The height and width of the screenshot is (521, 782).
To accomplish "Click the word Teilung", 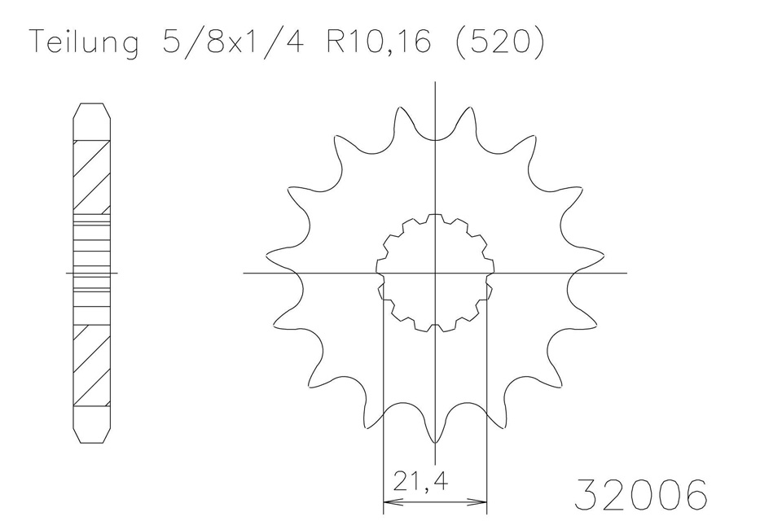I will point(83,42).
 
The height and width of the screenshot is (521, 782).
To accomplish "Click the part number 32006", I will point(641,493).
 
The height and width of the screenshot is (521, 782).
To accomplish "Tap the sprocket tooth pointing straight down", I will point(436,436).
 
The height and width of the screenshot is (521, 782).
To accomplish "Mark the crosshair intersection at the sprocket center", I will point(436,273).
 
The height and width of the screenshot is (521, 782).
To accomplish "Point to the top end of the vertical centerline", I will point(436,81).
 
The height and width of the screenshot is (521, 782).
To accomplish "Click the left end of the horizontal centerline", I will point(244,273).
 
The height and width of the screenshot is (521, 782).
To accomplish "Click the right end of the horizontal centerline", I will point(626,273).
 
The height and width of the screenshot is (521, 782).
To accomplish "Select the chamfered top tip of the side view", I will point(91,108).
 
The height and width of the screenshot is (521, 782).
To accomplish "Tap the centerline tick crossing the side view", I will point(91,273).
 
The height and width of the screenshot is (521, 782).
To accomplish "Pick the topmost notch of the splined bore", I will point(436,217).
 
